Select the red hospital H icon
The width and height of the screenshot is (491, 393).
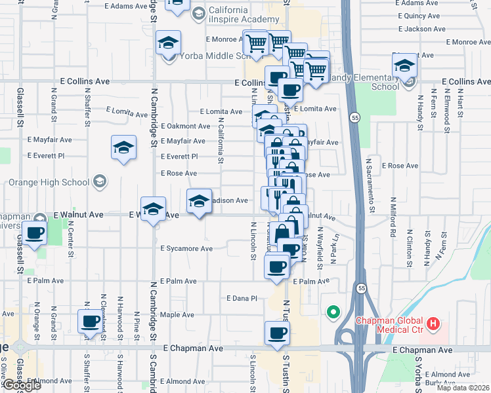click(x=433, y=323)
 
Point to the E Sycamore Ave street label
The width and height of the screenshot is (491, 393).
click(x=186, y=249)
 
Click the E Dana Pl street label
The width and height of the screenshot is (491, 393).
click(x=244, y=298)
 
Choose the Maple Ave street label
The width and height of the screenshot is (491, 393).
click(x=177, y=315)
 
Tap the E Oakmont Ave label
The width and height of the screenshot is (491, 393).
click(x=186, y=126)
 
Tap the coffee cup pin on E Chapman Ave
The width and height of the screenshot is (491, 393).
click(x=277, y=332)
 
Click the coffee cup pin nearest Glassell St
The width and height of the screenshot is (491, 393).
click(x=33, y=233)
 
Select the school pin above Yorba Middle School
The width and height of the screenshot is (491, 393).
click(x=168, y=43)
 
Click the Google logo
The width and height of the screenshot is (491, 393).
click(x=21, y=385)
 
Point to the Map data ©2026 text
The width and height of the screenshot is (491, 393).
click(x=463, y=388)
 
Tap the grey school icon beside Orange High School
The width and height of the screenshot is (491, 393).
click(x=100, y=181)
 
